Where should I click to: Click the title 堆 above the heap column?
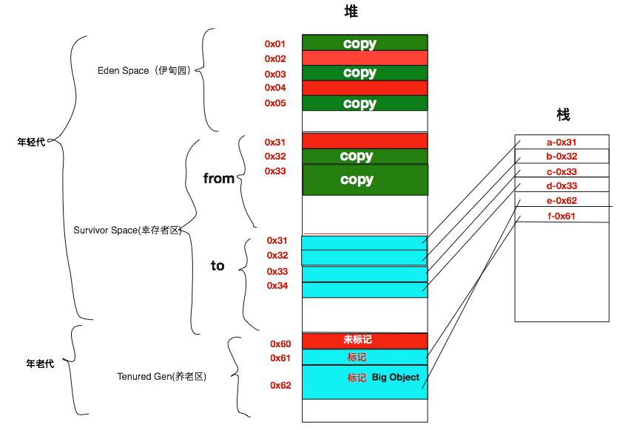(x=351, y=11)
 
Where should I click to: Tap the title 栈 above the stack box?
(x=563, y=115)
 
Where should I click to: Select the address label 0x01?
(x=274, y=44)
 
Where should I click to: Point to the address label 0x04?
(x=275, y=88)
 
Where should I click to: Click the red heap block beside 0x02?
(x=365, y=58)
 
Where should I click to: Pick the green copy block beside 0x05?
(x=365, y=103)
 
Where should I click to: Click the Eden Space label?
(x=144, y=70)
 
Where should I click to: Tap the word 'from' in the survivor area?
(x=219, y=179)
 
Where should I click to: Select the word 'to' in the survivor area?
(x=218, y=266)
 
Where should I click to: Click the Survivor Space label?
(x=127, y=230)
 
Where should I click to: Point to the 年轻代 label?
(x=31, y=142)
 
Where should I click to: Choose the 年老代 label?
(x=40, y=364)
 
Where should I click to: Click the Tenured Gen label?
(x=162, y=377)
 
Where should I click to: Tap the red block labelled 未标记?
(x=365, y=341)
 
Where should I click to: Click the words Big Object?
(x=396, y=378)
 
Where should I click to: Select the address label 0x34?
(x=277, y=286)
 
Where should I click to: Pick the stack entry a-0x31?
(x=562, y=143)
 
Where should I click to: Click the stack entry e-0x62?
(x=562, y=200)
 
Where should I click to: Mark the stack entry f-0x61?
(x=562, y=216)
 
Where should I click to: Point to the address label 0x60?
(x=280, y=344)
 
